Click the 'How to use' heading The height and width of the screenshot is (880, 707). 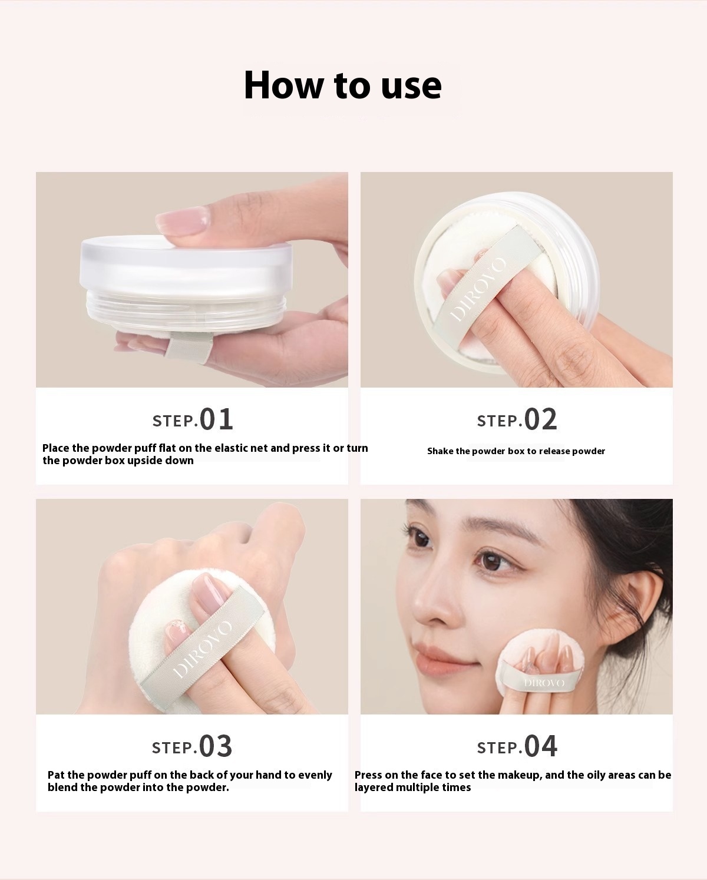[x=343, y=85]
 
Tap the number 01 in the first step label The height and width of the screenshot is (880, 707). [x=216, y=419]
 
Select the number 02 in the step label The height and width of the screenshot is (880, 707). [x=540, y=419]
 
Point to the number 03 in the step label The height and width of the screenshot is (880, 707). [x=216, y=746]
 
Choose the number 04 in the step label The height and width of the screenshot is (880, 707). [x=540, y=746]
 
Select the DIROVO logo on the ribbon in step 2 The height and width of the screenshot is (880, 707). [x=478, y=290]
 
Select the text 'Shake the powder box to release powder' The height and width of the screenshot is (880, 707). [x=516, y=451]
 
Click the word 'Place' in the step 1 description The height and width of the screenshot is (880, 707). [x=55, y=448]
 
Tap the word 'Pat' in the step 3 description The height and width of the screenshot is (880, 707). [x=56, y=775]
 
